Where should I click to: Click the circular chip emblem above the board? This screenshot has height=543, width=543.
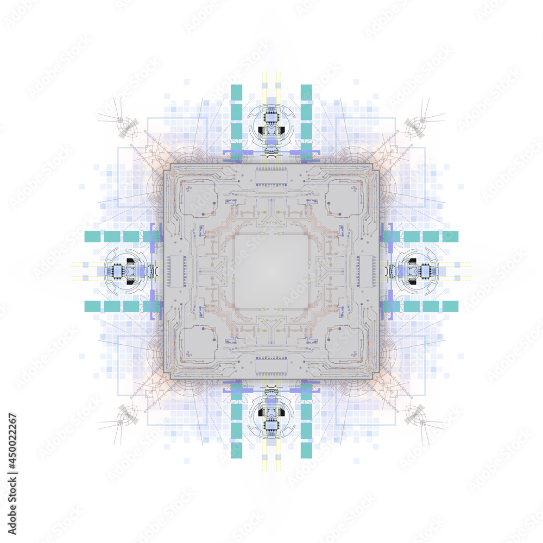coord(271,125)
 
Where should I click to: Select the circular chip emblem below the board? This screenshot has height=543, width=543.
coord(271,418)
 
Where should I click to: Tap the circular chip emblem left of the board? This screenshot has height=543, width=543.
coord(125,271)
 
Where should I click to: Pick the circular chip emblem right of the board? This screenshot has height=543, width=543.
coord(418,271)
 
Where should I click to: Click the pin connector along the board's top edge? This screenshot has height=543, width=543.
coord(271,177)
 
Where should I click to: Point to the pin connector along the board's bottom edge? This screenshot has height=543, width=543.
coord(271,366)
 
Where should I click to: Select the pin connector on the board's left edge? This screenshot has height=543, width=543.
coord(177,271)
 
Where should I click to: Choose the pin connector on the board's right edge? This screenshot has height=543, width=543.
coord(366,271)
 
